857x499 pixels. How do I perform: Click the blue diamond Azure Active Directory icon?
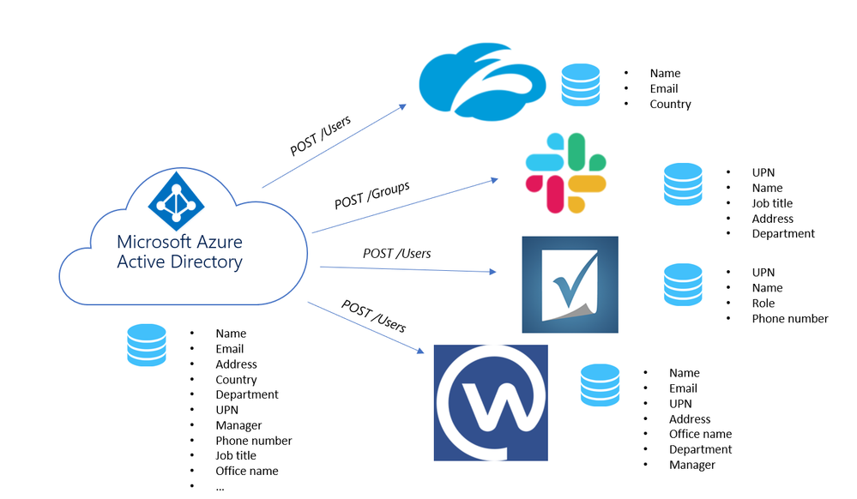(x=177, y=196)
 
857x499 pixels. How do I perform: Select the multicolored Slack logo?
(x=566, y=172)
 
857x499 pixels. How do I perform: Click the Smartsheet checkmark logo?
(x=570, y=284)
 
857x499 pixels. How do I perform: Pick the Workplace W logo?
(x=491, y=402)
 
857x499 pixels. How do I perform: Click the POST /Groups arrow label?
(x=371, y=195)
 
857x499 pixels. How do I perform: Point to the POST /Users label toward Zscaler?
(x=320, y=135)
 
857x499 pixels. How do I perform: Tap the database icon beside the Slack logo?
(x=683, y=184)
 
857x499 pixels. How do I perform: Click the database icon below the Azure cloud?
(x=146, y=345)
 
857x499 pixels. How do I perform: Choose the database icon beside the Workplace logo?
(x=600, y=385)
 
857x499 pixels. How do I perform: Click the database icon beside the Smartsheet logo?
(x=683, y=285)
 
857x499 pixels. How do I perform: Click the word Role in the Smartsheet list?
(x=763, y=304)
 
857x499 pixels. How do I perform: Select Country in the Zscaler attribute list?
(x=670, y=104)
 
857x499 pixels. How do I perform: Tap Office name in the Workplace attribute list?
(x=700, y=434)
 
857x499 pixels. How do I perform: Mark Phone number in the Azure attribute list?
(x=254, y=441)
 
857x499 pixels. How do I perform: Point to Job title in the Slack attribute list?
(x=772, y=203)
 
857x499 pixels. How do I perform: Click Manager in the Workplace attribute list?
(x=691, y=465)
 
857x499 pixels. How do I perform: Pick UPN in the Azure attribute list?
(x=227, y=410)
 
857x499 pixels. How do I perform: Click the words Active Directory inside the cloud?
(x=179, y=262)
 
